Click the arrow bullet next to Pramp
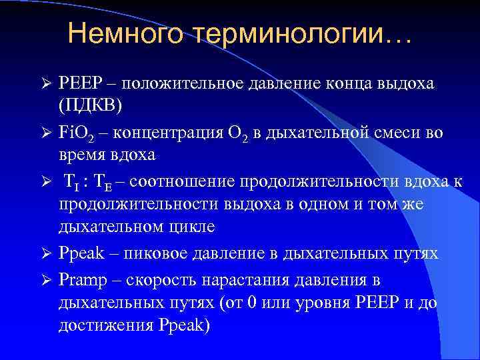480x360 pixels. click(46, 280)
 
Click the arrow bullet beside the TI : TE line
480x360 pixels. click(46, 181)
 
